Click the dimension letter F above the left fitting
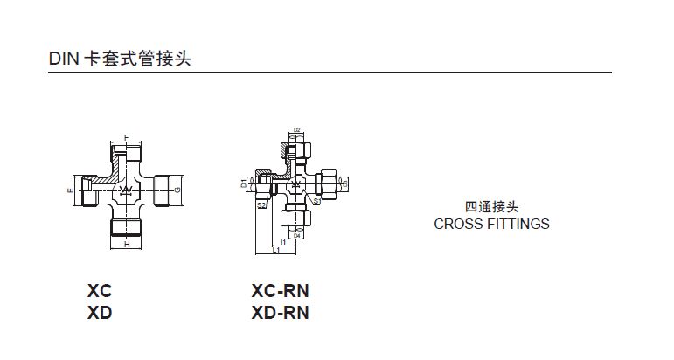127,138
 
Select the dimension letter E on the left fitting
70,189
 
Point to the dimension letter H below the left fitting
127,246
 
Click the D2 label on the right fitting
297,130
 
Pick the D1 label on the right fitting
243,183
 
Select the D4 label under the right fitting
297,236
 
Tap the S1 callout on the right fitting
316,200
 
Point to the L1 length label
275,251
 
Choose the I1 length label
282,242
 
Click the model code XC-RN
280,291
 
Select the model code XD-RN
280,312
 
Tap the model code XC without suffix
100,291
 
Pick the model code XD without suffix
100,312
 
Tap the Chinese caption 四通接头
492,207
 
